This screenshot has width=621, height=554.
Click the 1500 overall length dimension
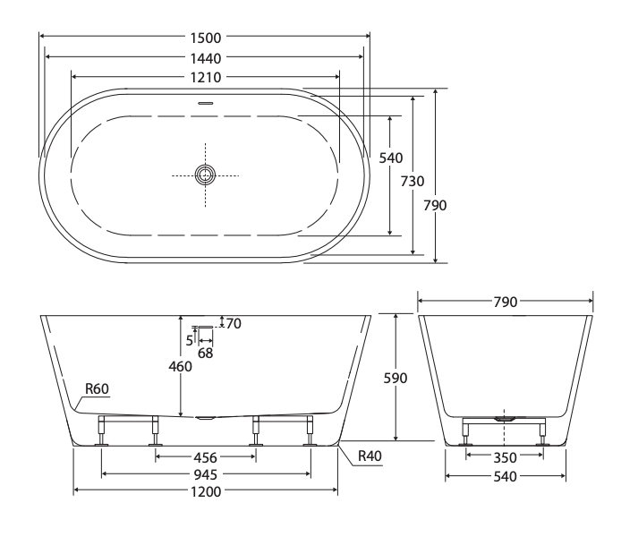(x=205, y=38)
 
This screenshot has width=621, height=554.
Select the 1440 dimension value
(x=205, y=57)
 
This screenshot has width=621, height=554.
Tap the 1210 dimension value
(x=205, y=77)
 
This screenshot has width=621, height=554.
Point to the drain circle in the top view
(x=206, y=175)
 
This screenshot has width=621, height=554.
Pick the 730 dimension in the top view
(x=412, y=181)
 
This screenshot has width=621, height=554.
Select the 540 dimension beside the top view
(x=390, y=158)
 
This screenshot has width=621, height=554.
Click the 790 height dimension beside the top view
(x=435, y=205)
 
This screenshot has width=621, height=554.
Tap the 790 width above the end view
(x=506, y=303)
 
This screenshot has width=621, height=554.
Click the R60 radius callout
(x=97, y=388)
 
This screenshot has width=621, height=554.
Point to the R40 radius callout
(x=370, y=456)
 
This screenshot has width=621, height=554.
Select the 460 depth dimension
(x=181, y=365)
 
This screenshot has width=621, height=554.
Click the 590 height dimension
(x=395, y=378)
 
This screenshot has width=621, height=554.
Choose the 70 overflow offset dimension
(x=234, y=323)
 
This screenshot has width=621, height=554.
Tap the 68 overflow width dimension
(x=206, y=354)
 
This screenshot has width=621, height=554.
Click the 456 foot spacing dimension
(x=206, y=456)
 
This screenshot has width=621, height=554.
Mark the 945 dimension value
(x=206, y=473)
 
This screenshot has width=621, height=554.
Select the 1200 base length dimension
(x=206, y=490)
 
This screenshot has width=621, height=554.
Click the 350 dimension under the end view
(x=505, y=456)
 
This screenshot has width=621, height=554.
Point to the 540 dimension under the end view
(x=505, y=474)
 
